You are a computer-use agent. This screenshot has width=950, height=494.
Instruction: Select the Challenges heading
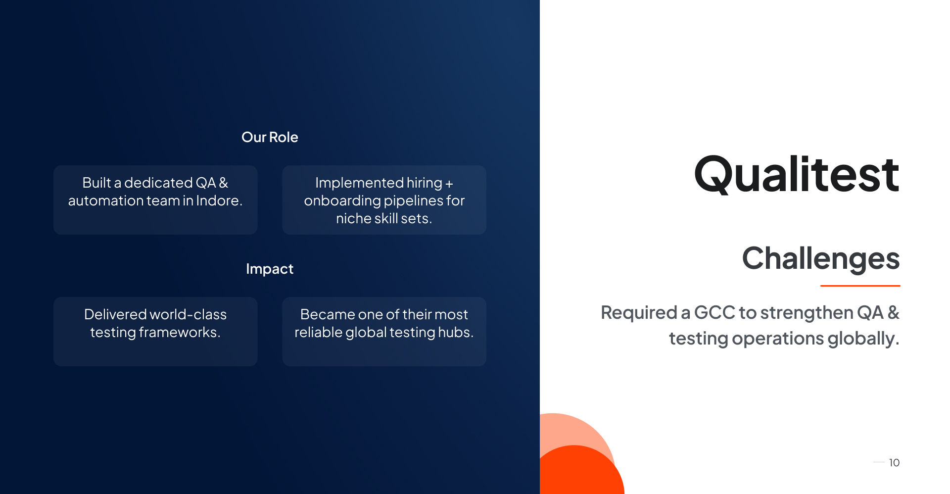click(821, 258)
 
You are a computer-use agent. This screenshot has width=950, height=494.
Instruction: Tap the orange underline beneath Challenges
click(860, 286)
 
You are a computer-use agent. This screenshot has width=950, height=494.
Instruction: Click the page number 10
click(894, 463)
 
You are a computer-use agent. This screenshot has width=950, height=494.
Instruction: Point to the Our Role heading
click(270, 137)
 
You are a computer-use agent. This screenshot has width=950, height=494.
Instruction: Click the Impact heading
click(270, 269)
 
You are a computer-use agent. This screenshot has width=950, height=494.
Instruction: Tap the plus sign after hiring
click(449, 184)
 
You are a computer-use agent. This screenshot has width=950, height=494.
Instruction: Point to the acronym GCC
click(714, 313)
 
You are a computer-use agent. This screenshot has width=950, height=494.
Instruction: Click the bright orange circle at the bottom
click(579, 472)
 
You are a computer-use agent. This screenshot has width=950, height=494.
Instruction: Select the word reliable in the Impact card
click(319, 332)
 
